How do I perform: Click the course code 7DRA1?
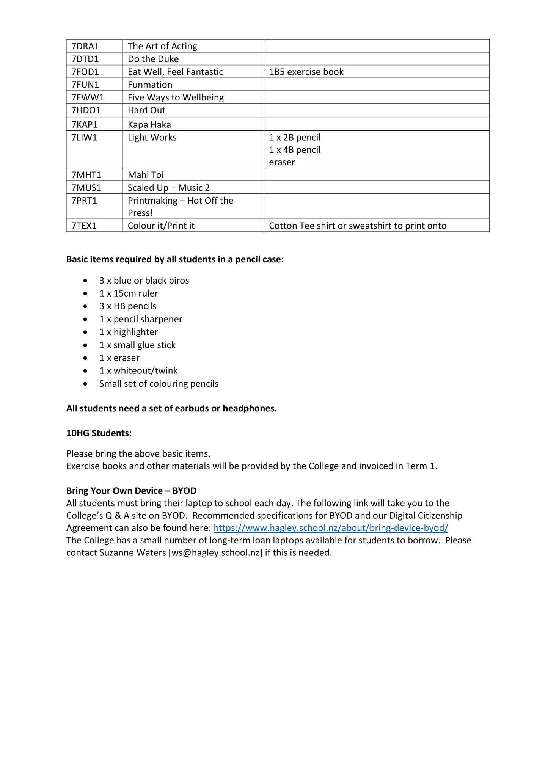click(x=85, y=46)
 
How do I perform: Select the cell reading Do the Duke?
click(x=153, y=59)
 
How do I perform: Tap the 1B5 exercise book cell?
click(x=306, y=72)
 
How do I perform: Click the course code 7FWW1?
click(x=88, y=98)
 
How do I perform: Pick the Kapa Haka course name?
click(x=149, y=125)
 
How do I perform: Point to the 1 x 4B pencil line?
click(x=295, y=150)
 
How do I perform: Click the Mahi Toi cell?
click(x=146, y=175)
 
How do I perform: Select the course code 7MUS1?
click(x=86, y=188)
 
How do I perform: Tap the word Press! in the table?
click(x=140, y=213)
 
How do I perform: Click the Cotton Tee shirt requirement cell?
click(x=357, y=226)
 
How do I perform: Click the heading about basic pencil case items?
click(x=175, y=260)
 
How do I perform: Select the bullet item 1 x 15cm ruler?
click(x=129, y=293)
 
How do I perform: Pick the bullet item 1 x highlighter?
click(x=129, y=332)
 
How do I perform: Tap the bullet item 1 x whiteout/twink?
click(x=138, y=371)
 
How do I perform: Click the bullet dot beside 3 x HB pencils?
click(x=85, y=306)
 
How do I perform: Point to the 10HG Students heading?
click(x=99, y=433)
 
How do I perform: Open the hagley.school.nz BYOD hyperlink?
click(x=330, y=528)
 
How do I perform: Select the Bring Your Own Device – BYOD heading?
click(x=131, y=491)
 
